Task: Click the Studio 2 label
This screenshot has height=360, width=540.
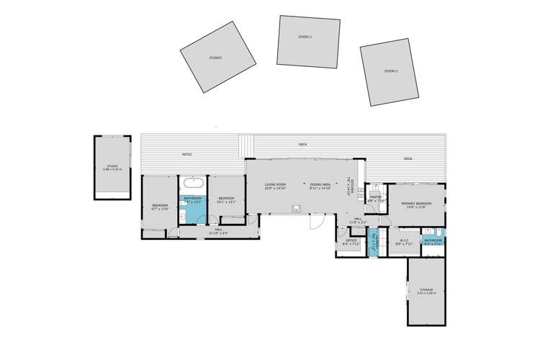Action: pyautogui.click(x=305, y=36)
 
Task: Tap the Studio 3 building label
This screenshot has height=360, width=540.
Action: pyautogui.click(x=391, y=71)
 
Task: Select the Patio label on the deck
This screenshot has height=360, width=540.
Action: pyautogui.click(x=186, y=155)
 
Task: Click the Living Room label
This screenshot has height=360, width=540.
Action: pyautogui.click(x=275, y=186)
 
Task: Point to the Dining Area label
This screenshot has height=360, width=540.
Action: pyautogui.click(x=320, y=186)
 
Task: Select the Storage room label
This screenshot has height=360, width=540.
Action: pyautogui.click(x=426, y=291)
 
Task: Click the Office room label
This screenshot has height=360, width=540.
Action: pyautogui.click(x=351, y=241)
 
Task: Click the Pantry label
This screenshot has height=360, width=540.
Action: pyautogui.click(x=375, y=199)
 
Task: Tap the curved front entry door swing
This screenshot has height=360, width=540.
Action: pyautogui.click(x=315, y=223)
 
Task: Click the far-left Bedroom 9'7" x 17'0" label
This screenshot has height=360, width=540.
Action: pyautogui.click(x=159, y=207)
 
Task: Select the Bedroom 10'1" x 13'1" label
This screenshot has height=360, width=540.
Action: pyautogui.click(x=226, y=199)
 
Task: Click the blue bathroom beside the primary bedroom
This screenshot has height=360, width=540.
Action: pyautogui.click(x=433, y=241)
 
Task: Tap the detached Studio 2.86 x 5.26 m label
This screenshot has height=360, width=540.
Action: pyautogui.click(x=112, y=168)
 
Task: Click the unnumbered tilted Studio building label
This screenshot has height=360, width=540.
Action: pyautogui.click(x=215, y=58)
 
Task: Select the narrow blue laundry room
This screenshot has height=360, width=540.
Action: pyautogui.click(x=373, y=243)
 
